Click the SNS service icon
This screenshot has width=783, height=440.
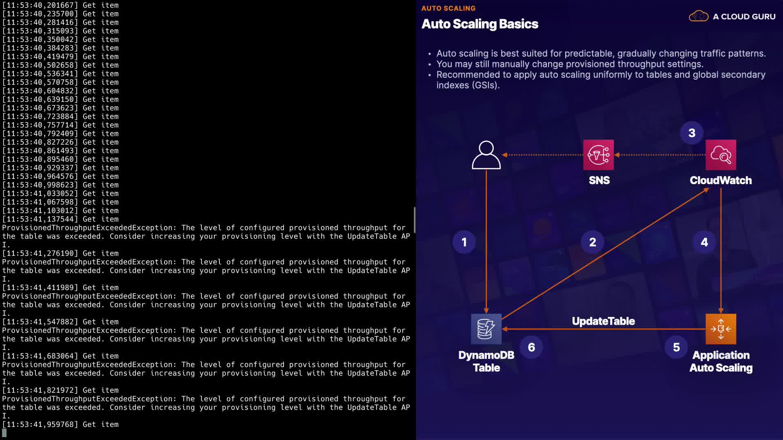pos(598,155)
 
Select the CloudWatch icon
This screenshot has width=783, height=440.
pos(721,155)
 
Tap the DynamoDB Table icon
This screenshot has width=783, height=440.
pos(486,329)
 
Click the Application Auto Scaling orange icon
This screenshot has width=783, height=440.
pos(721,329)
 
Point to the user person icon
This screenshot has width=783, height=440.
pos(486,155)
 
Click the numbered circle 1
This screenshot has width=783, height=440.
pos(464,242)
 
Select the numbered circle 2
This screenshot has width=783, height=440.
pos(593,242)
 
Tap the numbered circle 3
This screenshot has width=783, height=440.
pos(692,133)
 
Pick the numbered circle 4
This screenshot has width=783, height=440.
pos(704,242)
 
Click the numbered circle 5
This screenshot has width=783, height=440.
pos(676,347)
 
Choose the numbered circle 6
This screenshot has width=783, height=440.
pos(531,347)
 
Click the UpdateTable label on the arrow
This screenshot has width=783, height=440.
pos(603,321)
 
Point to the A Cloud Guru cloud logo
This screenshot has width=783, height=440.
pos(699,16)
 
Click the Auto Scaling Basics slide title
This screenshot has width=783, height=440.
pos(480,24)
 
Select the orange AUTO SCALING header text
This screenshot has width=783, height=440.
pos(448,8)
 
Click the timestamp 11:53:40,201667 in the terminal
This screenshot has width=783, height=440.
pos(40,5)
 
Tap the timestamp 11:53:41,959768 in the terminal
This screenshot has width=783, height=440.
pos(40,425)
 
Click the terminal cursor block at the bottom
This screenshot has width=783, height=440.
pos(4,433)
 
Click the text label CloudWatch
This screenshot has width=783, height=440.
pos(721,180)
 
